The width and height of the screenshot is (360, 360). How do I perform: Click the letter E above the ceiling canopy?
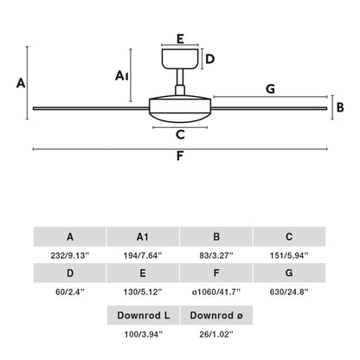click(179, 38)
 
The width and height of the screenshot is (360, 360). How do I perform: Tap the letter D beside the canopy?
click(209, 59)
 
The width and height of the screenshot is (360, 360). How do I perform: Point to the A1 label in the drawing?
click(122, 76)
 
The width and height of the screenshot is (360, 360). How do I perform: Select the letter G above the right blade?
click(271, 88)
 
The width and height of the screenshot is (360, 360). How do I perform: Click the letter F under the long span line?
click(179, 157)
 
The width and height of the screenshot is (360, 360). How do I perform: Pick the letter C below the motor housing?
click(179, 134)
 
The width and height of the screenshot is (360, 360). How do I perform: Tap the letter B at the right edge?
click(341, 107)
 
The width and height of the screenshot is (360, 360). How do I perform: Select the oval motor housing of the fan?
click(179, 108)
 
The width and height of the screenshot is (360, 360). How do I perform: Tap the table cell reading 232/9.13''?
click(69, 254)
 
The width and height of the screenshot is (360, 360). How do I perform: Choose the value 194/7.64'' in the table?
click(143, 254)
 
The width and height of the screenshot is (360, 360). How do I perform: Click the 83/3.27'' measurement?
click(216, 254)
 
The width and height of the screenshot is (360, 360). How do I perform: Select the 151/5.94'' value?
click(289, 254)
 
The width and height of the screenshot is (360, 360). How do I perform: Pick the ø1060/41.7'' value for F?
click(216, 293)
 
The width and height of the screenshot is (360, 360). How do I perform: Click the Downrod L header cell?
click(143, 314)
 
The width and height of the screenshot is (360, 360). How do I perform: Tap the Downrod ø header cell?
click(216, 314)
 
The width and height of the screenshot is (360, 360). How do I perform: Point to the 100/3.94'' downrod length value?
click(143, 333)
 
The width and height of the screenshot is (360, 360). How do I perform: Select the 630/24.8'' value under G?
click(289, 293)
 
